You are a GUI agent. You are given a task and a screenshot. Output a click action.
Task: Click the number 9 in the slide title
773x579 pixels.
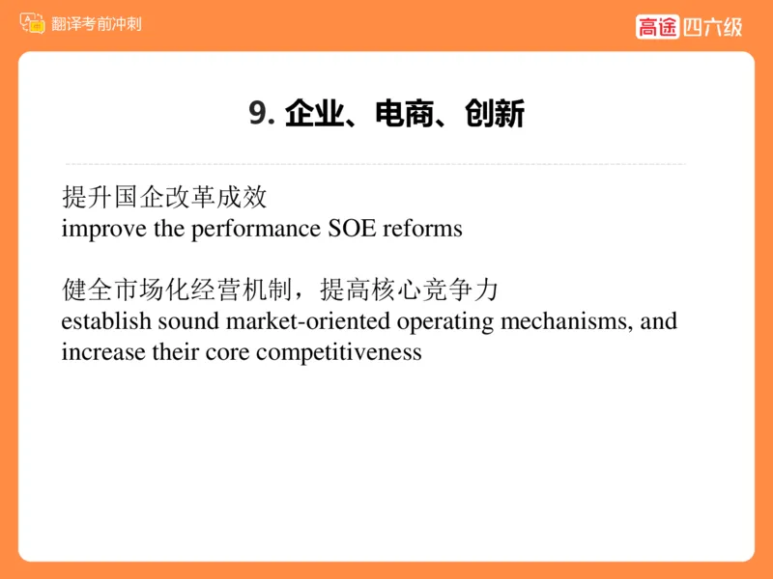click(256, 114)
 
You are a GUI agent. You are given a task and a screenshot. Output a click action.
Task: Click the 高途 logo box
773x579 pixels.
click(657, 26)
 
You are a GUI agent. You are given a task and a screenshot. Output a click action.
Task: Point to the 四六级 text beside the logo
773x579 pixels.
click(712, 26)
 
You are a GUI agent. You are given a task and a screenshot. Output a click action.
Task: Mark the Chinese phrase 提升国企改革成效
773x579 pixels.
click(164, 198)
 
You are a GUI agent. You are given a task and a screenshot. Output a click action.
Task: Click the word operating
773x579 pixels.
click(444, 320)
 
